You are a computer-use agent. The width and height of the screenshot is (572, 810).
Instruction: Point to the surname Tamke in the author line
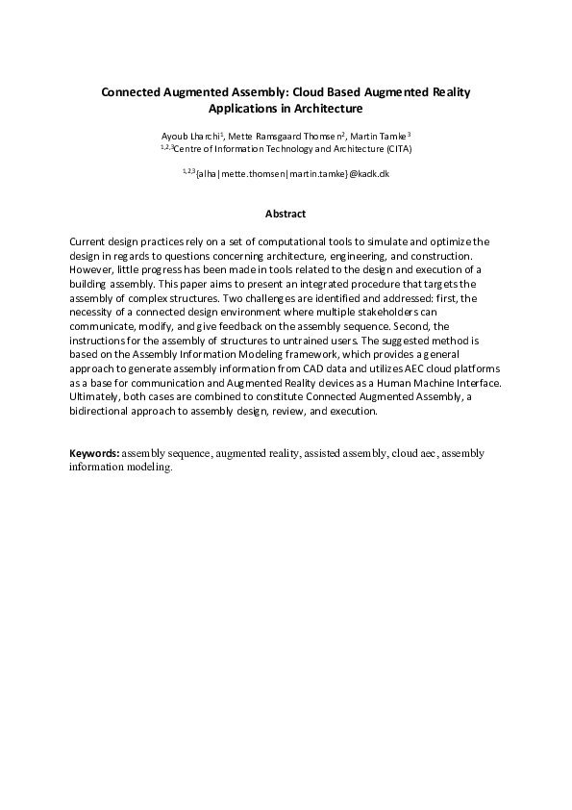tap(393, 137)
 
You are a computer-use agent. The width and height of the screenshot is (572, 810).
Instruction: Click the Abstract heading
tap(285, 213)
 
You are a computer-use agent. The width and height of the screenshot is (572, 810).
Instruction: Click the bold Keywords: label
tap(95, 453)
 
